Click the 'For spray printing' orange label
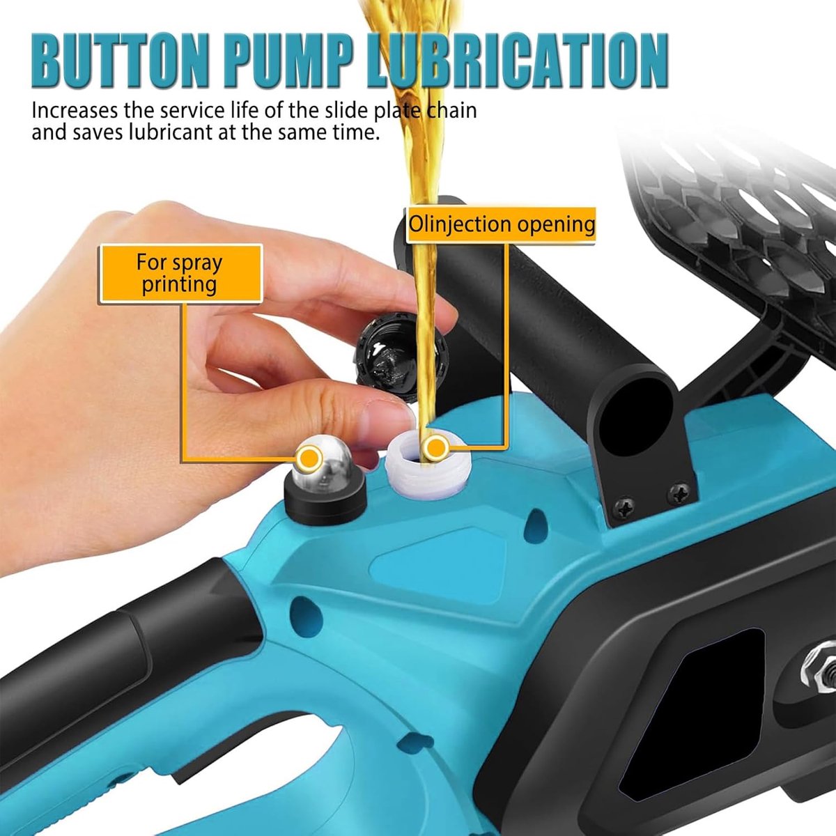[x=181, y=273]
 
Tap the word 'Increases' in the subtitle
[x=75, y=111]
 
